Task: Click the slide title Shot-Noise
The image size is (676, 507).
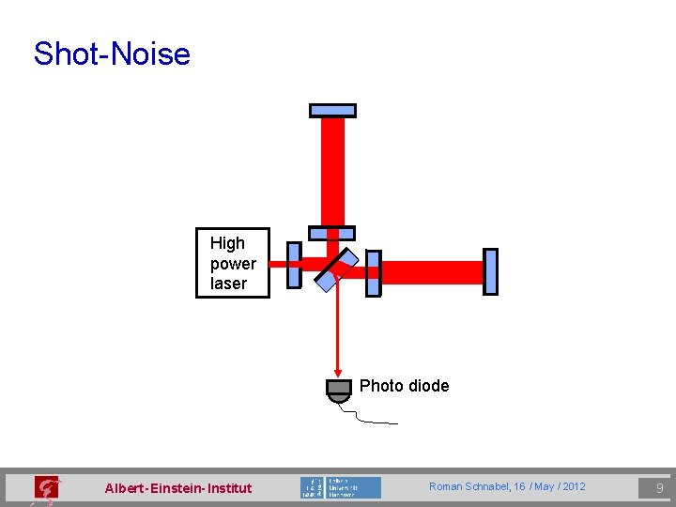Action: coord(112,54)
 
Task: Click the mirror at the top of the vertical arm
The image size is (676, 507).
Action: coord(332,110)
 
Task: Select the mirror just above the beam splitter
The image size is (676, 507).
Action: coord(332,233)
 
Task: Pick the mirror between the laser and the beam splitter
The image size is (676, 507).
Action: coord(294,265)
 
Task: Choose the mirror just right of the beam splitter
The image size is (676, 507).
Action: coord(373,273)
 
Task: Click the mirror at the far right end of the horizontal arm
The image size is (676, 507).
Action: coord(489,271)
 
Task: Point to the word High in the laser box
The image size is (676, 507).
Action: coord(227,244)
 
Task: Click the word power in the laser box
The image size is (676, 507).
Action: coord(233,264)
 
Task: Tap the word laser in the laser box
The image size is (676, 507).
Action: coord(229,284)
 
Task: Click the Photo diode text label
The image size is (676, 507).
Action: coord(404,386)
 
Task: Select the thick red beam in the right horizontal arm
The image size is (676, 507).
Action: coord(432,272)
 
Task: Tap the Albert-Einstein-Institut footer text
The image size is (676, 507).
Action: coord(178,487)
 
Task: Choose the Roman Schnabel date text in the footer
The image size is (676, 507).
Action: coord(507,486)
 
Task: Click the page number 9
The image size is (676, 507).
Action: coord(659,487)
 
